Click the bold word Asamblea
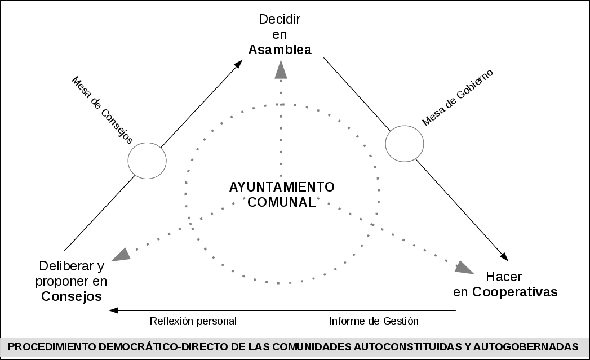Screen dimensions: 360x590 [x=280, y=50]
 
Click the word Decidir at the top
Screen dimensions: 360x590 [x=280, y=19]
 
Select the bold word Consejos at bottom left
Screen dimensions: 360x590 [x=72, y=296]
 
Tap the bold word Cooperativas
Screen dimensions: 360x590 [x=515, y=292]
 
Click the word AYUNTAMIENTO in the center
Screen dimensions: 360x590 [x=282, y=187]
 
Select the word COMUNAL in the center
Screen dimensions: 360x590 [x=282, y=202]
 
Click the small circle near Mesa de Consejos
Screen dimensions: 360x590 [x=147, y=160]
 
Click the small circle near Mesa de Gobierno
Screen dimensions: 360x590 [x=405, y=143]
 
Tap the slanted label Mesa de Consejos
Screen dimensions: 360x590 [x=102, y=110]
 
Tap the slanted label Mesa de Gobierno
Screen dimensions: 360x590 [x=458, y=97]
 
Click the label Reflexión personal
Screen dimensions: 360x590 [x=193, y=321]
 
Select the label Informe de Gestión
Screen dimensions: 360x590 [x=374, y=321]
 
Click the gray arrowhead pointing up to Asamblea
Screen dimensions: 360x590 [x=280, y=68]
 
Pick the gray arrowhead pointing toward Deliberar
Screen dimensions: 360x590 [x=121, y=255]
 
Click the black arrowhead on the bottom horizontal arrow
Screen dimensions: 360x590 [x=114, y=310]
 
